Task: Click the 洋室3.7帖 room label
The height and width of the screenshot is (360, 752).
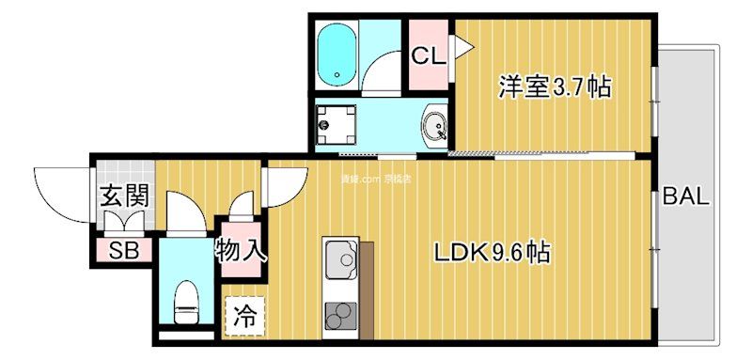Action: tap(555, 89)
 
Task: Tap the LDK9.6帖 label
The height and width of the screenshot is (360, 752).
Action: tap(491, 253)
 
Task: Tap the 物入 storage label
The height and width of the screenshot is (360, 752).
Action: tap(242, 251)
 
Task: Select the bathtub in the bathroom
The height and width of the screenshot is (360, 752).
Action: tap(335, 55)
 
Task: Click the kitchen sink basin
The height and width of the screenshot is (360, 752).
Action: tap(339, 257)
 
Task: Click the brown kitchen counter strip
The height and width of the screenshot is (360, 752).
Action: tap(367, 287)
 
